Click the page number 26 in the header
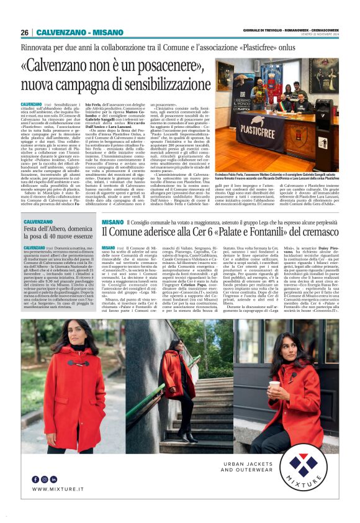point(24,33)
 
